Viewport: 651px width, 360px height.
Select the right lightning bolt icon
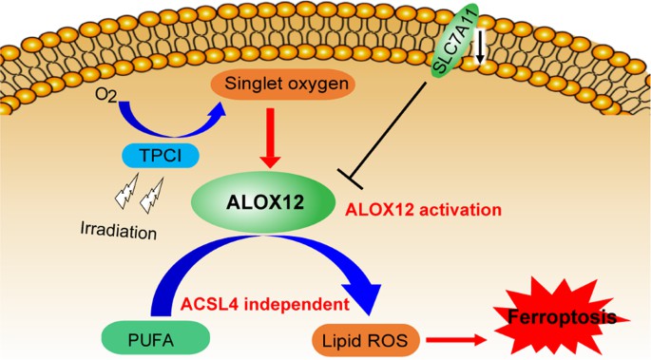pyautogui.click(x=152, y=198)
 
